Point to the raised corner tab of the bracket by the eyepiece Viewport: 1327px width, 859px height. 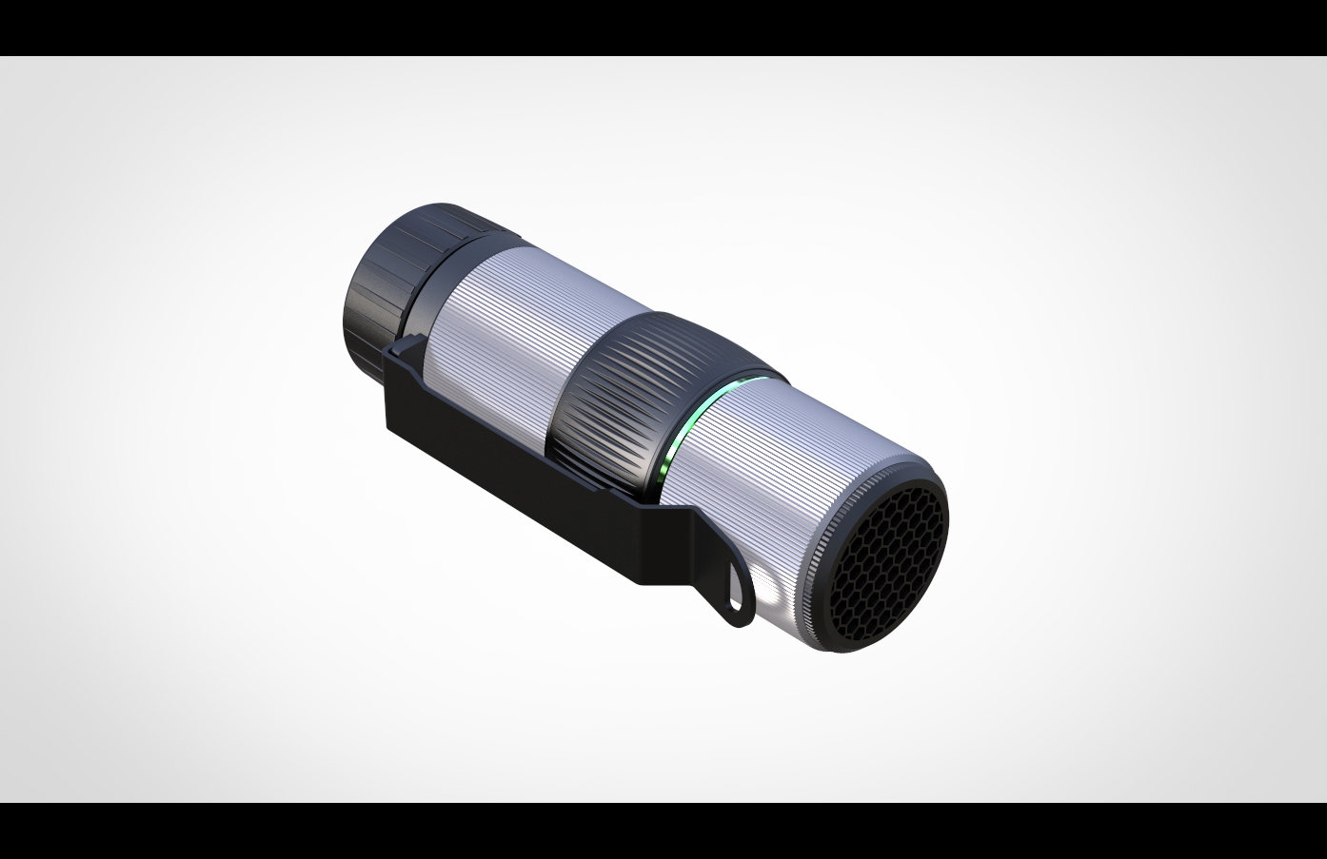click(405, 348)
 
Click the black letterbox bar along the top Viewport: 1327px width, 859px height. click(663, 27)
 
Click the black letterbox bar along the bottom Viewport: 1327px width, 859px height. click(663, 831)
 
